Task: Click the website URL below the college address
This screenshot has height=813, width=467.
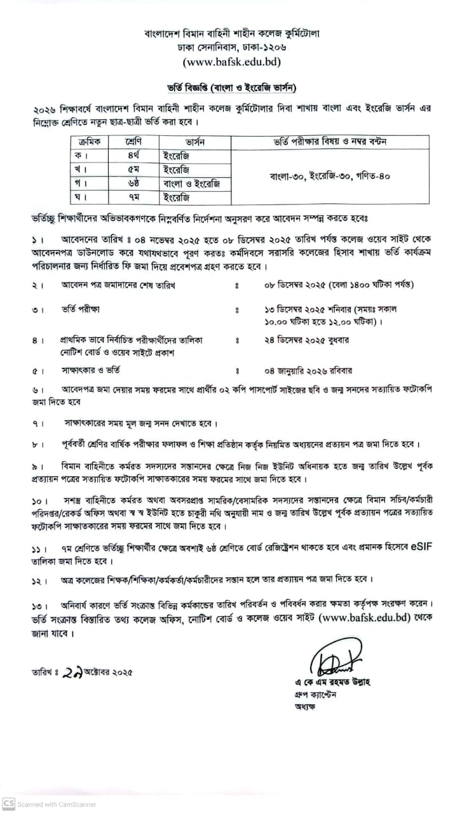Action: [x=232, y=62]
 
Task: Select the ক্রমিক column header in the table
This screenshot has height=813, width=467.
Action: [x=90, y=142]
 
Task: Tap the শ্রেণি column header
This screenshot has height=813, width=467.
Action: [x=132, y=142]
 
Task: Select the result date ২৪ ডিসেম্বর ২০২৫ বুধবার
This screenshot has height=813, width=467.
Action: [x=307, y=340]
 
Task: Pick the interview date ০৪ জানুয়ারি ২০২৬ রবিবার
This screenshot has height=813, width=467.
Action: [x=308, y=370]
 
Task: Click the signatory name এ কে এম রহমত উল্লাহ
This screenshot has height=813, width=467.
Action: [x=327, y=683]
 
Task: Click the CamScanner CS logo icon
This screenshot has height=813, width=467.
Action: [x=8, y=803]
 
